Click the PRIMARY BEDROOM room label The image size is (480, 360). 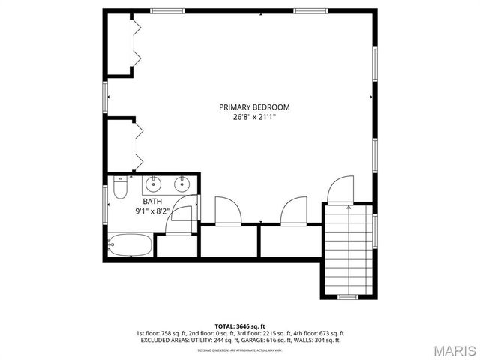[x=254, y=107]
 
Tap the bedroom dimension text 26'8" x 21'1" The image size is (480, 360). [x=254, y=118]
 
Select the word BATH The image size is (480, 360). [x=153, y=202]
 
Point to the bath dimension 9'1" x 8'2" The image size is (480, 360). [x=153, y=211]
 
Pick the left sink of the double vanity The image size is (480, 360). [x=154, y=183]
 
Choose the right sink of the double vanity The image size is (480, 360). [x=181, y=183]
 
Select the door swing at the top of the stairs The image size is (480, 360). [x=340, y=190]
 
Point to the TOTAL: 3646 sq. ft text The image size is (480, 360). [x=240, y=326]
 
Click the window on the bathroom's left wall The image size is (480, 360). [x=106, y=202]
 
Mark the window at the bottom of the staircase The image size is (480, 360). [x=347, y=297]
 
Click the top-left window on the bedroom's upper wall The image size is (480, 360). [x=166, y=10]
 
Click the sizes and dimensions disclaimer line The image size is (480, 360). [x=240, y=349]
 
